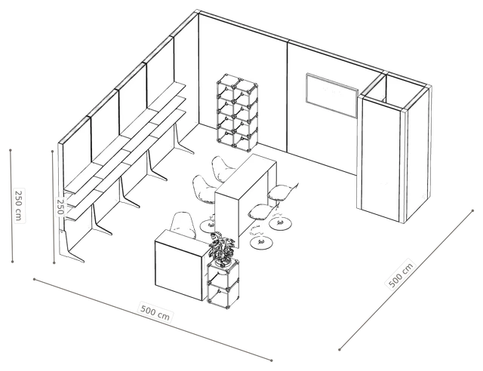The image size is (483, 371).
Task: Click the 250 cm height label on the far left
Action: (x=18, y=205)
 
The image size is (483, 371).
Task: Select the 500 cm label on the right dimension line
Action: (x=401, y=275)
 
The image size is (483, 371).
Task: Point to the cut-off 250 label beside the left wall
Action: (x=60, y=207)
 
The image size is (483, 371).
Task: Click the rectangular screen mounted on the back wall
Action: (x=332, y=95)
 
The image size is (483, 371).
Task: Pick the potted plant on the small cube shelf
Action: (x=221, y=248)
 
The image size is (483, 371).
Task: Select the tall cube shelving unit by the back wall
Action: (x=237, y=111)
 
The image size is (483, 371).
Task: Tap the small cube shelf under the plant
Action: (x=223, y=284)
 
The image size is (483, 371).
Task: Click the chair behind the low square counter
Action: (x=183, y=225)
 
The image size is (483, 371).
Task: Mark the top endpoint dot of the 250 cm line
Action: (x=11, y=150)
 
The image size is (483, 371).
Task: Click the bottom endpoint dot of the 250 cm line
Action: (x=12, y=262)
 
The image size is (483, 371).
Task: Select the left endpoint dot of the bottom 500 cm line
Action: (x=34, y=279)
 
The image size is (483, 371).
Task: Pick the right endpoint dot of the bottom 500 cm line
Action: (x=272, y=360)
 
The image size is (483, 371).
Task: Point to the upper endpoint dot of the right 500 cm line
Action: (x=473, y=211)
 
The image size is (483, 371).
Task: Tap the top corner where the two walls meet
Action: (x=197, y=11)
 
